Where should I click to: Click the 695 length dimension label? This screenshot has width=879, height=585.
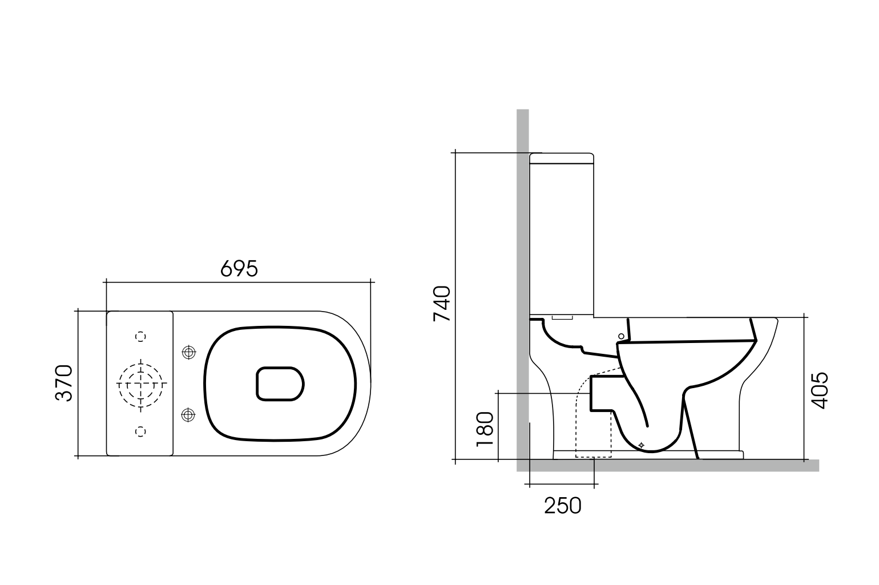click(x=239, y=268)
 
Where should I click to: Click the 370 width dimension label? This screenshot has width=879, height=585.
click(x=64, y=383)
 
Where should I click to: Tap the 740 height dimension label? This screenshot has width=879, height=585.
click(x=442, y=304)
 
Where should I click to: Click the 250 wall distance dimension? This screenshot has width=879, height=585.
click(x=562, y=505)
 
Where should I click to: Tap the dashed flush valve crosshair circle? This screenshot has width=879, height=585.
click(x=140, y=384)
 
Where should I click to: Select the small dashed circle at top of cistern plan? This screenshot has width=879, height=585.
click(x=140, y=337)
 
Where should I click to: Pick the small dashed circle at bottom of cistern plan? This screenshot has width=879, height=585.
click(x=140, y=431)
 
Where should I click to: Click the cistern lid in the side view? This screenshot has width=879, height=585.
click(x=562, y=158)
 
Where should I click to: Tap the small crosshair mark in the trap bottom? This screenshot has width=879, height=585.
click(x=642, y=445)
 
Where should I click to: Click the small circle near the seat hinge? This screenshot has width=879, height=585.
click(x=622, y=336)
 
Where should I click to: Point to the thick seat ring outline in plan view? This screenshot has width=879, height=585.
click(x=207, y=384)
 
